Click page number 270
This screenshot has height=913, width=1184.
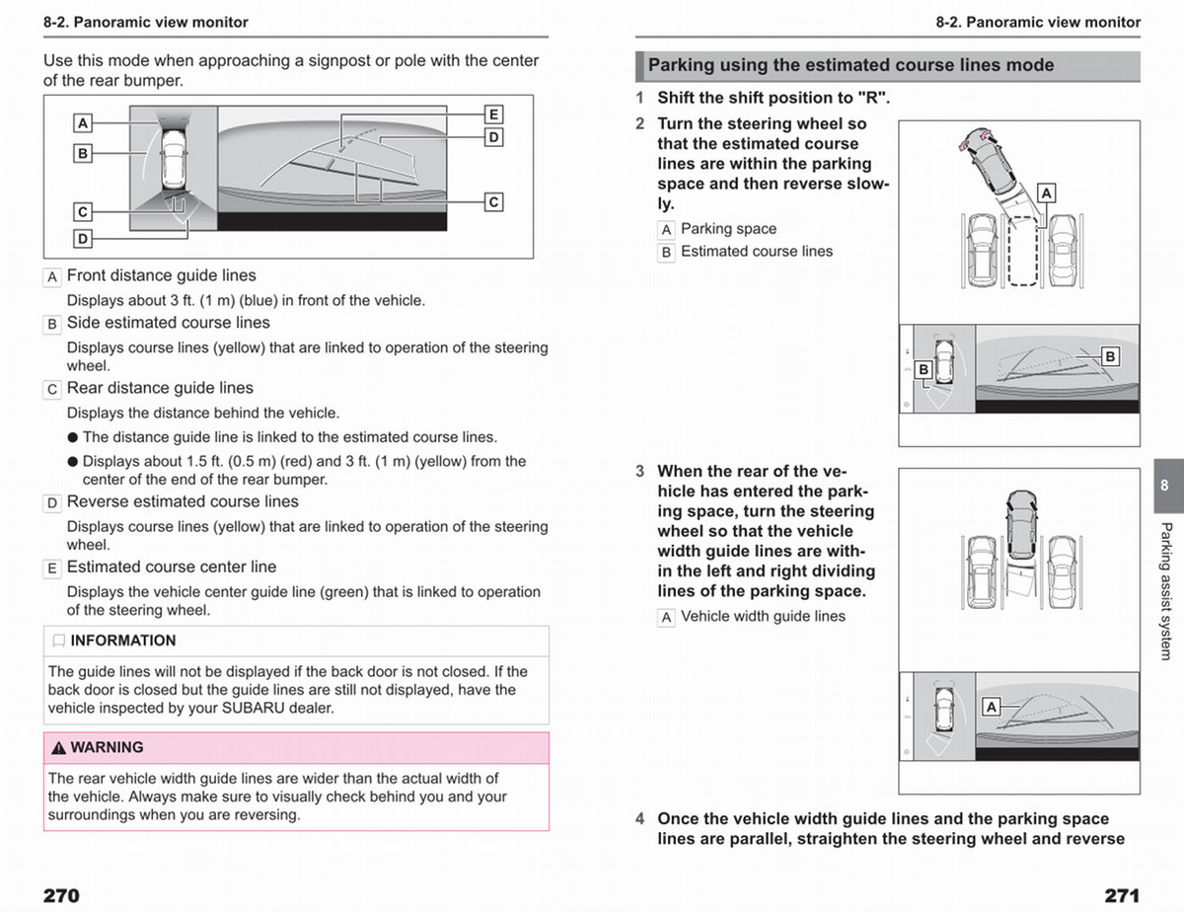(x=61, y=895)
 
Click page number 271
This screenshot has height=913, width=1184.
(x=1122, y=895)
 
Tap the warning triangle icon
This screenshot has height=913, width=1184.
(x=58, y=748)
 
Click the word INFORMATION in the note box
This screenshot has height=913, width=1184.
(x=123, y=641)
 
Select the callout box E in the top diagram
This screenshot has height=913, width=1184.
(x=493, y=114)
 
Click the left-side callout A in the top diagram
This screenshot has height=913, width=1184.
(x=83, y=123)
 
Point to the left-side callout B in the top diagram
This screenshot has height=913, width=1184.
(x=83, y=153)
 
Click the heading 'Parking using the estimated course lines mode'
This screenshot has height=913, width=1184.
(x=851, y=65)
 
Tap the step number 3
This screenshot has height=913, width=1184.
(x=639, y=471)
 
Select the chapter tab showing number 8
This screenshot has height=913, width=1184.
(x=1168, y=485)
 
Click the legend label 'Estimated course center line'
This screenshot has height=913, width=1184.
(x=172, y=567)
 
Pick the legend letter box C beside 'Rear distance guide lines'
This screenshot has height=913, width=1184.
(x=52, y=390)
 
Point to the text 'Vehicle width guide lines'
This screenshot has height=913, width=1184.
(x=763, y=617)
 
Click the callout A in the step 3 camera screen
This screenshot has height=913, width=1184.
(x=992, y=707)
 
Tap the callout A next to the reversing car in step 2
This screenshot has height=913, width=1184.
(x=1046, y=192)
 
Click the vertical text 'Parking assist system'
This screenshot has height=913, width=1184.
(x=1165, y=591)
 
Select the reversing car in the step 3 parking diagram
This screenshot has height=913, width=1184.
(x=1021, y=524)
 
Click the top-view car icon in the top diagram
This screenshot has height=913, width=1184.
(x=174, y=158)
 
